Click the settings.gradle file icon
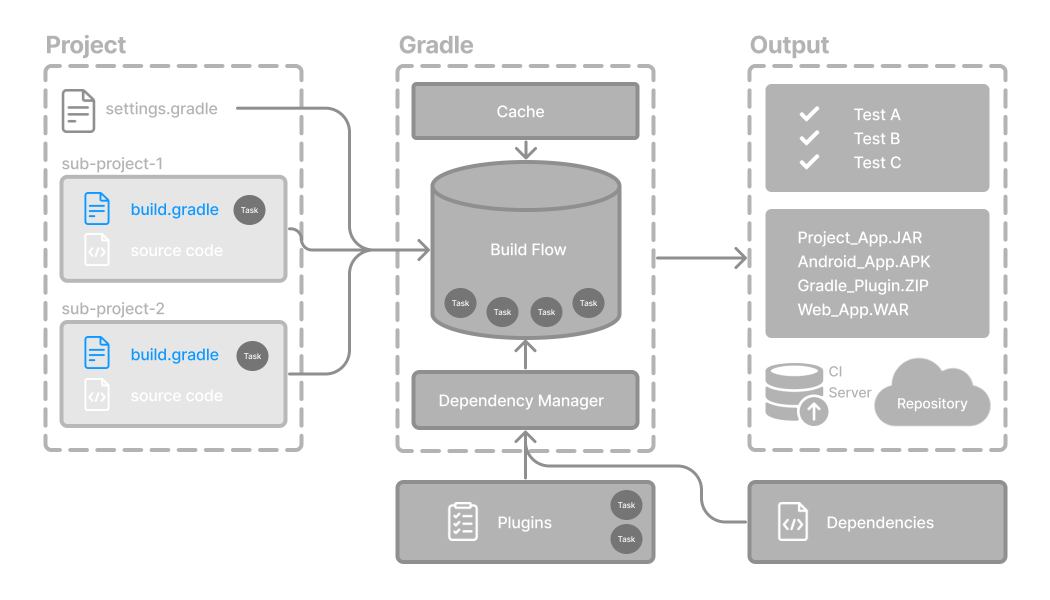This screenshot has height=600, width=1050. pos(78,110)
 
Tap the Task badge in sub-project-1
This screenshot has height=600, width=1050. pos(249,210)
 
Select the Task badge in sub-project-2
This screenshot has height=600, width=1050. pos(252,356)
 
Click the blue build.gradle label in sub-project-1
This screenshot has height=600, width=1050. pos(174,209)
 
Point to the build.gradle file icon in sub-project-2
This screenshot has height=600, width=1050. pos(97,353)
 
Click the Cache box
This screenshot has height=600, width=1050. pos(525,111)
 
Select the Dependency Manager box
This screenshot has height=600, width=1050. pos(525,400)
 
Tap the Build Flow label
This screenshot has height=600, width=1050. pos(528,249)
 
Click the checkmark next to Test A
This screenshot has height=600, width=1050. pos(809,114)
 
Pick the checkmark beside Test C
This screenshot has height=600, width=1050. pos(809,162)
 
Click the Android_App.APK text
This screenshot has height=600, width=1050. pos(864,261)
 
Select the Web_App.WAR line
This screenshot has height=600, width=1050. pos(853,309)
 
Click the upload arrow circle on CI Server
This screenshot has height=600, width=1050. pos(813,411)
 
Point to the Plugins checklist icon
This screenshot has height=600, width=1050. pos(463,522)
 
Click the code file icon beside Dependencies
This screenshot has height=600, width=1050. pos(793,522)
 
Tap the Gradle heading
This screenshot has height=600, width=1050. pos(436,45)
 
